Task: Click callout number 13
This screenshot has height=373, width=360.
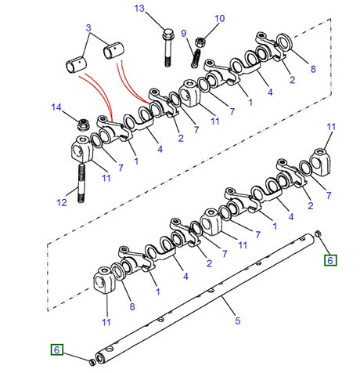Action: (x=140, y=9)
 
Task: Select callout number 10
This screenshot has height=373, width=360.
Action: (x=219, y=18)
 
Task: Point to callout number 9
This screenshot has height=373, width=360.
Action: (x=184, y=34)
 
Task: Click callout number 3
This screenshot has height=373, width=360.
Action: (x=89, y=27)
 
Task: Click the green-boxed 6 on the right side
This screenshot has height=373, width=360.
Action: (x=330, y=259)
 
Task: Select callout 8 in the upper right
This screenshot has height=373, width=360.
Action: (x=312, y=70)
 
